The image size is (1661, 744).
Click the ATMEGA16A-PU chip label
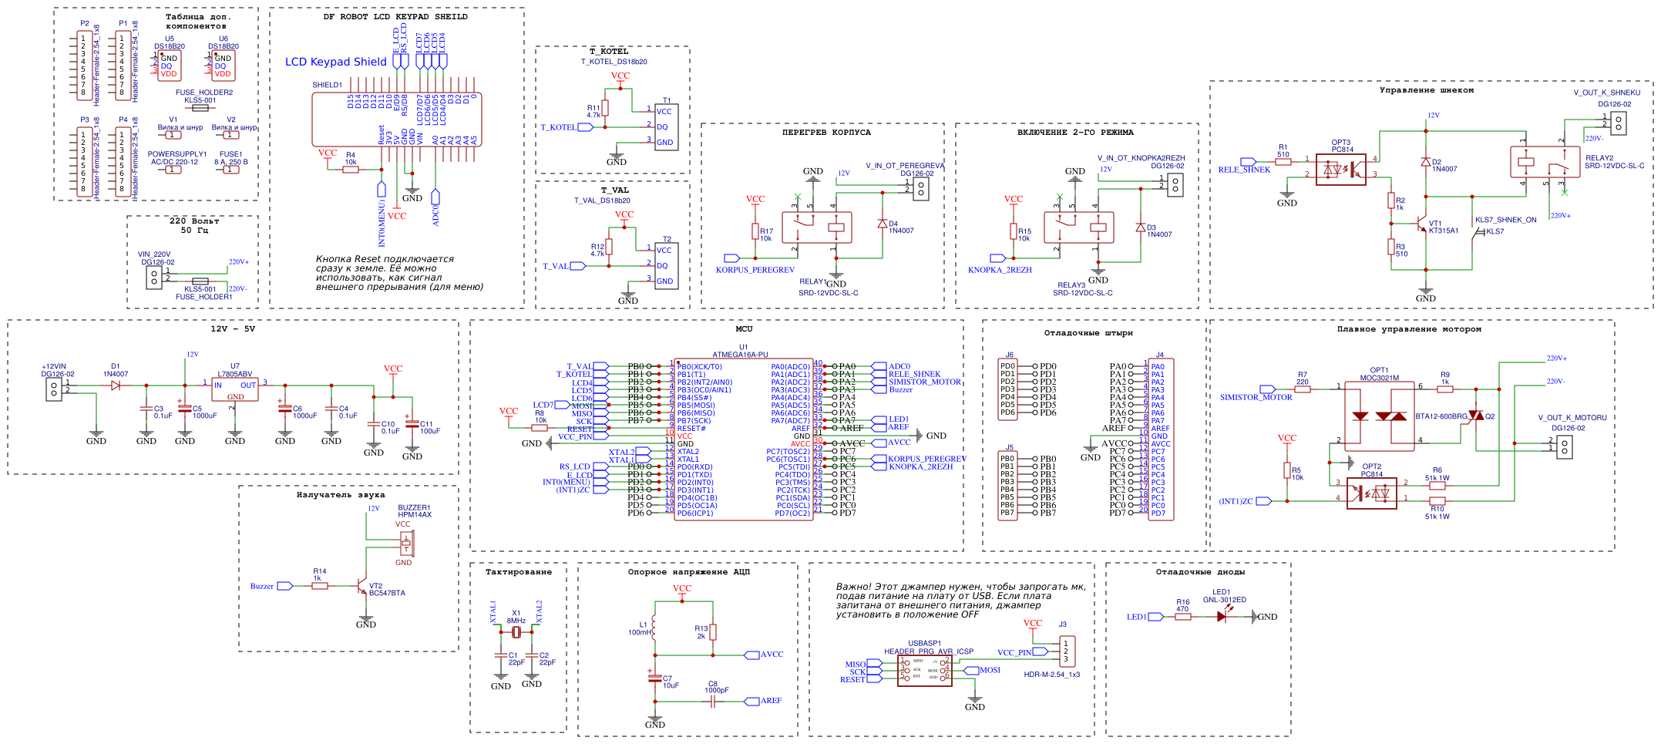point(740,355)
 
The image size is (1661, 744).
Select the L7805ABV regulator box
point(235,389)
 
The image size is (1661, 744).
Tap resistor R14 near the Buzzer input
point(320,586)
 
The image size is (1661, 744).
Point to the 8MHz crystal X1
point(516,633)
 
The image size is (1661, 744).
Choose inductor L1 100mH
point(654,626)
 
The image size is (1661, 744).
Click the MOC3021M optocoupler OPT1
point(1380,416)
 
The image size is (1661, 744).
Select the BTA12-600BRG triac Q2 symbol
point(1475,416)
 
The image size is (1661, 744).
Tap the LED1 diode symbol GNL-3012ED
point(1222,616)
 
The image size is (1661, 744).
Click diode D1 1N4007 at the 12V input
point(116,385)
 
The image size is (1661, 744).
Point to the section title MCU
point(744,329)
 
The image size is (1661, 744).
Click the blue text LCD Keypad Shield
point(336,62)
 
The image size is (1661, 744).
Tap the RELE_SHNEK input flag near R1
point(1248,162)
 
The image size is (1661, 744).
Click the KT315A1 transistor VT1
point(1421,226)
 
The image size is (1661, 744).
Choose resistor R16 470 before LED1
point(1183,617)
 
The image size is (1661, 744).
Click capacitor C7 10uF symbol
point(655,678)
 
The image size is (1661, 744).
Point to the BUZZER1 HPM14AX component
point(405,544)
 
